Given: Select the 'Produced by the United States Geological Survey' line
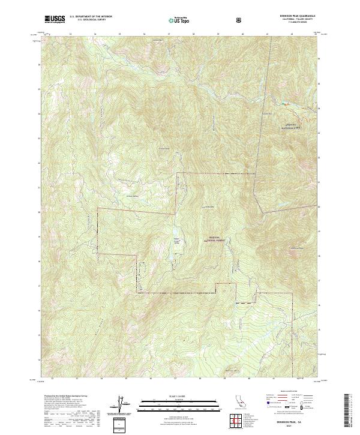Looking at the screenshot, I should click(63, 396).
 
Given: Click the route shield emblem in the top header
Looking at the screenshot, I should click(241, 20).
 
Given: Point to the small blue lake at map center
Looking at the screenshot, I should click(175, 233).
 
